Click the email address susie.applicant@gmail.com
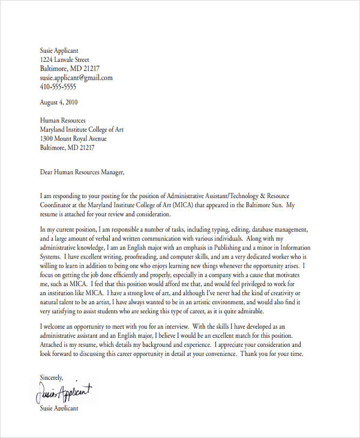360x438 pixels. [76, 77]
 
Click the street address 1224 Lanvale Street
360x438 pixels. [65, 60]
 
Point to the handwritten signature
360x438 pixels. [65, 393]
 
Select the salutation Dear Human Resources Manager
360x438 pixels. [82, 172]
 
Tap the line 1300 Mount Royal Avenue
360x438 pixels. [74, 138]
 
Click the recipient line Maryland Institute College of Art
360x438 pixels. [82, 129]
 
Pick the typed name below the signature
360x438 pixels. [59, 408]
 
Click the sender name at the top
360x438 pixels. [59, 51]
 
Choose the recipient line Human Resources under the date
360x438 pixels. [62, 120]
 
